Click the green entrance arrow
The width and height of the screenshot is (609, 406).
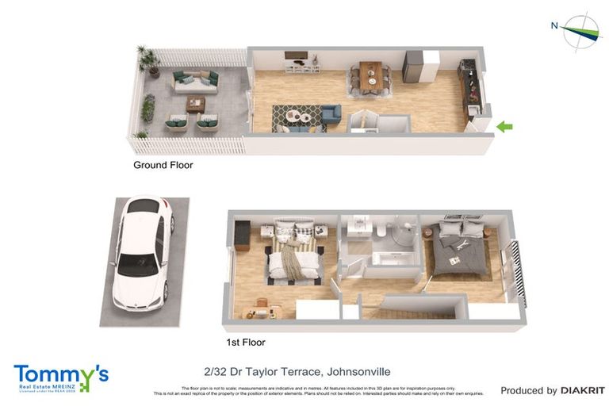click(504, 126)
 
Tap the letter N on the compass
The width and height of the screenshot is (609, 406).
click(554, 25)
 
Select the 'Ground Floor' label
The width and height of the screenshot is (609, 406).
click(163, 166)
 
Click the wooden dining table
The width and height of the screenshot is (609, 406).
click(370, 77)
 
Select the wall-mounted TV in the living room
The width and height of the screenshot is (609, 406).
click(295, 57)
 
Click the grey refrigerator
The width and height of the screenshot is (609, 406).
click(413, 67)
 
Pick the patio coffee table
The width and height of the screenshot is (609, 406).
click(195, 104)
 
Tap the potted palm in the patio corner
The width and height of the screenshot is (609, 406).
click(147, 59)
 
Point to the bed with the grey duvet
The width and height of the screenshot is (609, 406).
click(455, 251)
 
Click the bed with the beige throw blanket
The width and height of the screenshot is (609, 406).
click(293, 255)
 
